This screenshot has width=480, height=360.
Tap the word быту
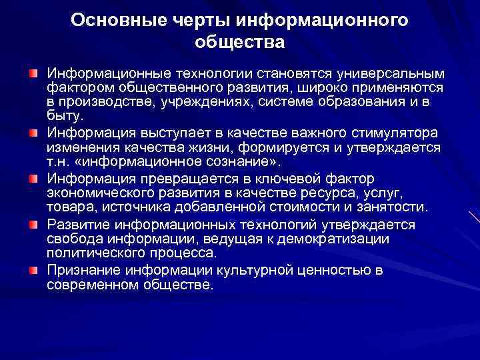pos(62,115)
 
